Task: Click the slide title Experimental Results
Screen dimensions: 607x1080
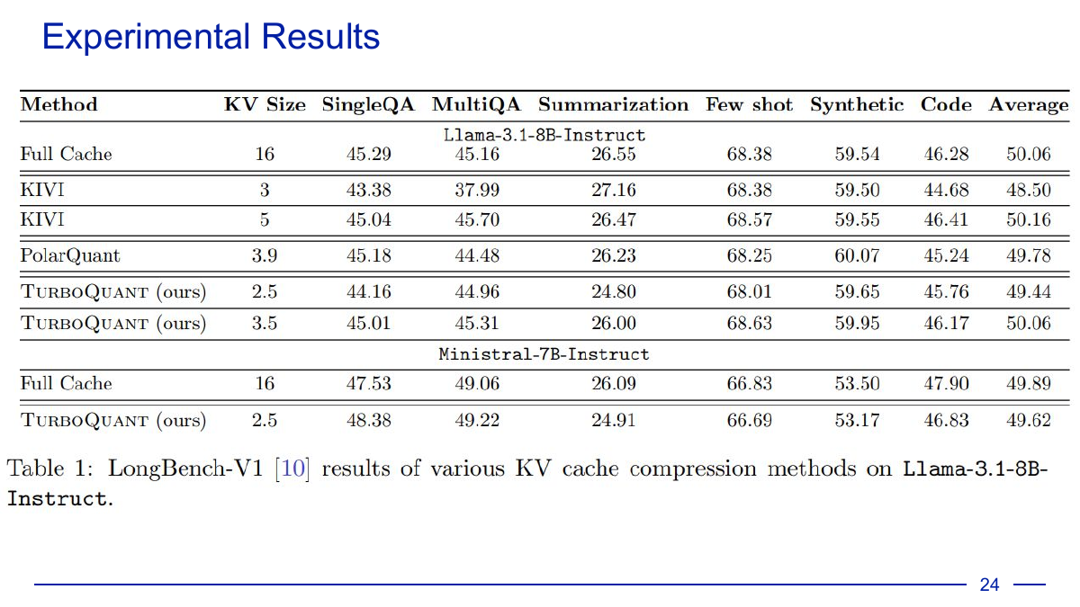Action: [x=211, y=38]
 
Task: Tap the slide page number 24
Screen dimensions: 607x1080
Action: [x=989, y=585]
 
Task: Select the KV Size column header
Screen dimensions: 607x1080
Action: [x=265, y=105]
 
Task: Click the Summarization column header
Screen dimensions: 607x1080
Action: [x=613, y=105]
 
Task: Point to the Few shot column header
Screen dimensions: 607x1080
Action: [x=749, y=105]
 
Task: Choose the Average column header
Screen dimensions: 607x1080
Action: [x=1028, y=105]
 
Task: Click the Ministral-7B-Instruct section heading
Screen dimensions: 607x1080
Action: [x=544, y=354]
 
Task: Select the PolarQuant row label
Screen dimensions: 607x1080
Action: [x=70, y=255]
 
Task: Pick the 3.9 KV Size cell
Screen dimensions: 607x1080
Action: [x=265, y=255]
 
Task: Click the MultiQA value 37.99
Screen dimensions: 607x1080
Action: [x=477, y=191]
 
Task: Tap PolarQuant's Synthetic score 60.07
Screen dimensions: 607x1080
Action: [x=857, y=255]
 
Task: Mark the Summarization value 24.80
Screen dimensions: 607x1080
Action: [x=614, y=291]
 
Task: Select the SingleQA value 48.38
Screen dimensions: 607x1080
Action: [x=369, y=420]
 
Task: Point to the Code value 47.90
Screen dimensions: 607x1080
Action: [x=946, y=384]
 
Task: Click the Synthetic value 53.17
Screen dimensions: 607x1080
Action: [x=857, y=420]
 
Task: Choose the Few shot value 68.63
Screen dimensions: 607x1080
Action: [x=750, y=323]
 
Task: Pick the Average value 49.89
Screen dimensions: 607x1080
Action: [x=1028, y=384]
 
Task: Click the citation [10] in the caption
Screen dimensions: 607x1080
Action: [x=293, y=469]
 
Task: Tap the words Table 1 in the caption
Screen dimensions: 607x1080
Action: [x=50, y=469]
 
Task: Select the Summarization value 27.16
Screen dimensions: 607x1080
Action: [x=614, y=191]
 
